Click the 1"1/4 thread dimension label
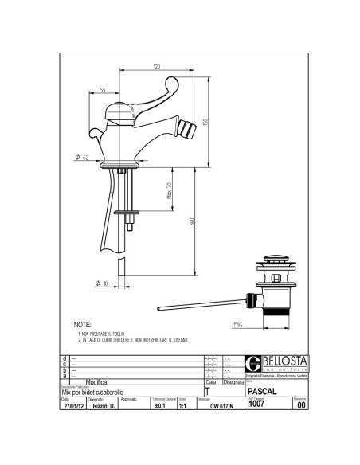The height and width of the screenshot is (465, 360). click(x=237, y=324)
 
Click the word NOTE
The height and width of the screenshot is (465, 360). click(x=82, y=326)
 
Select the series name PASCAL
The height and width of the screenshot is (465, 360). click(x=263, y=392)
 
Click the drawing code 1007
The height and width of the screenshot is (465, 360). click(x=257, y=403)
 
